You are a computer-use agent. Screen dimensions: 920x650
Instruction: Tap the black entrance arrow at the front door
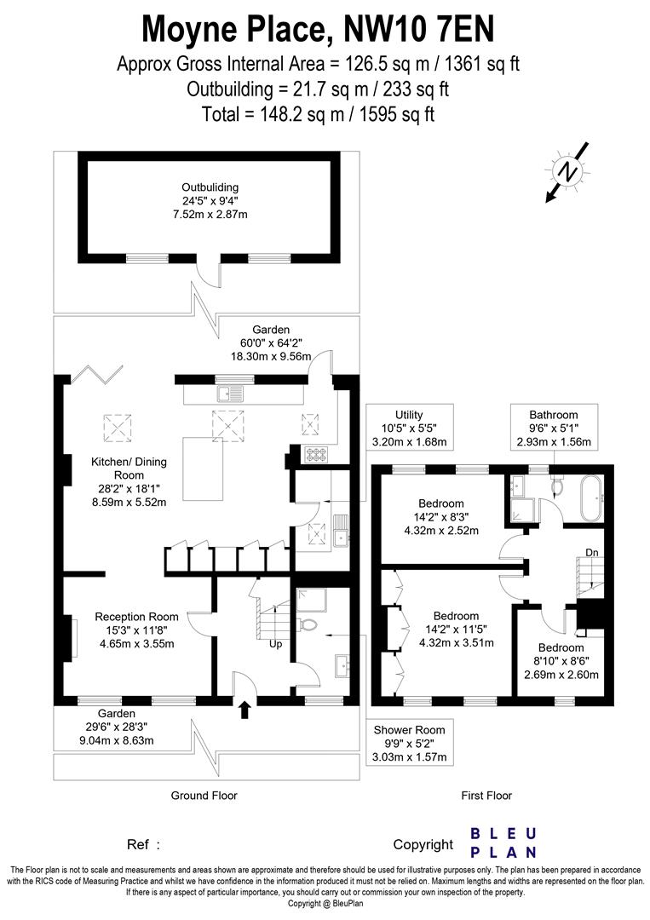(245, 710)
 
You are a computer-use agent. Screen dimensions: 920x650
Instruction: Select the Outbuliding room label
(210, 201)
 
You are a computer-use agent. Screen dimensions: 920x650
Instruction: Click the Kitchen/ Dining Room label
(129, 481)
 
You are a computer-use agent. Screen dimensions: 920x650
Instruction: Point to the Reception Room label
(136, 630)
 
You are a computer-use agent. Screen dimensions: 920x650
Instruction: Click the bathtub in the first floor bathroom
(590, 497)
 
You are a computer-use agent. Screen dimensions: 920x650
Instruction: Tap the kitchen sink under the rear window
(231, 393)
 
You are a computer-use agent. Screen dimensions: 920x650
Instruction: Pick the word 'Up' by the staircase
(276, 644)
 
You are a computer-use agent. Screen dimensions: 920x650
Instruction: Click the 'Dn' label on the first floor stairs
(593, 553)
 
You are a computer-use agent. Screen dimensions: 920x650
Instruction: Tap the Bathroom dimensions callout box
(553, 428)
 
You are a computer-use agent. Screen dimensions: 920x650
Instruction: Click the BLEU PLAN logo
(503, 842)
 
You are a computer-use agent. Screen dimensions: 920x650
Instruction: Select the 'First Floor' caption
(486, 796)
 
